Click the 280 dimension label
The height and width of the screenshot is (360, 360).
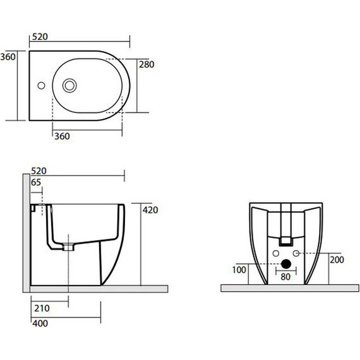[x=147, y=64]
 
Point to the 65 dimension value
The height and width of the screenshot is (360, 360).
[x=36, y=182]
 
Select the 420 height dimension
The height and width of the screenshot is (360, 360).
[x=150, y=209]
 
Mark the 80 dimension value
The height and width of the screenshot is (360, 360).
[x=285, y=276]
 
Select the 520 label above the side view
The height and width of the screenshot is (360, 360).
[x=39, y=171]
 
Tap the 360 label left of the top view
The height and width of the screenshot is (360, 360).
[x=8, y=57]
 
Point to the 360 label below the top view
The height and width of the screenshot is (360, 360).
[x=61, y=136]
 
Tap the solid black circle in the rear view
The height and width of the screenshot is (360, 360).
[x=285, y=264]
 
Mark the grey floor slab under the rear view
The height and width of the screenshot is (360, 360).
[x=285, y=288]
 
